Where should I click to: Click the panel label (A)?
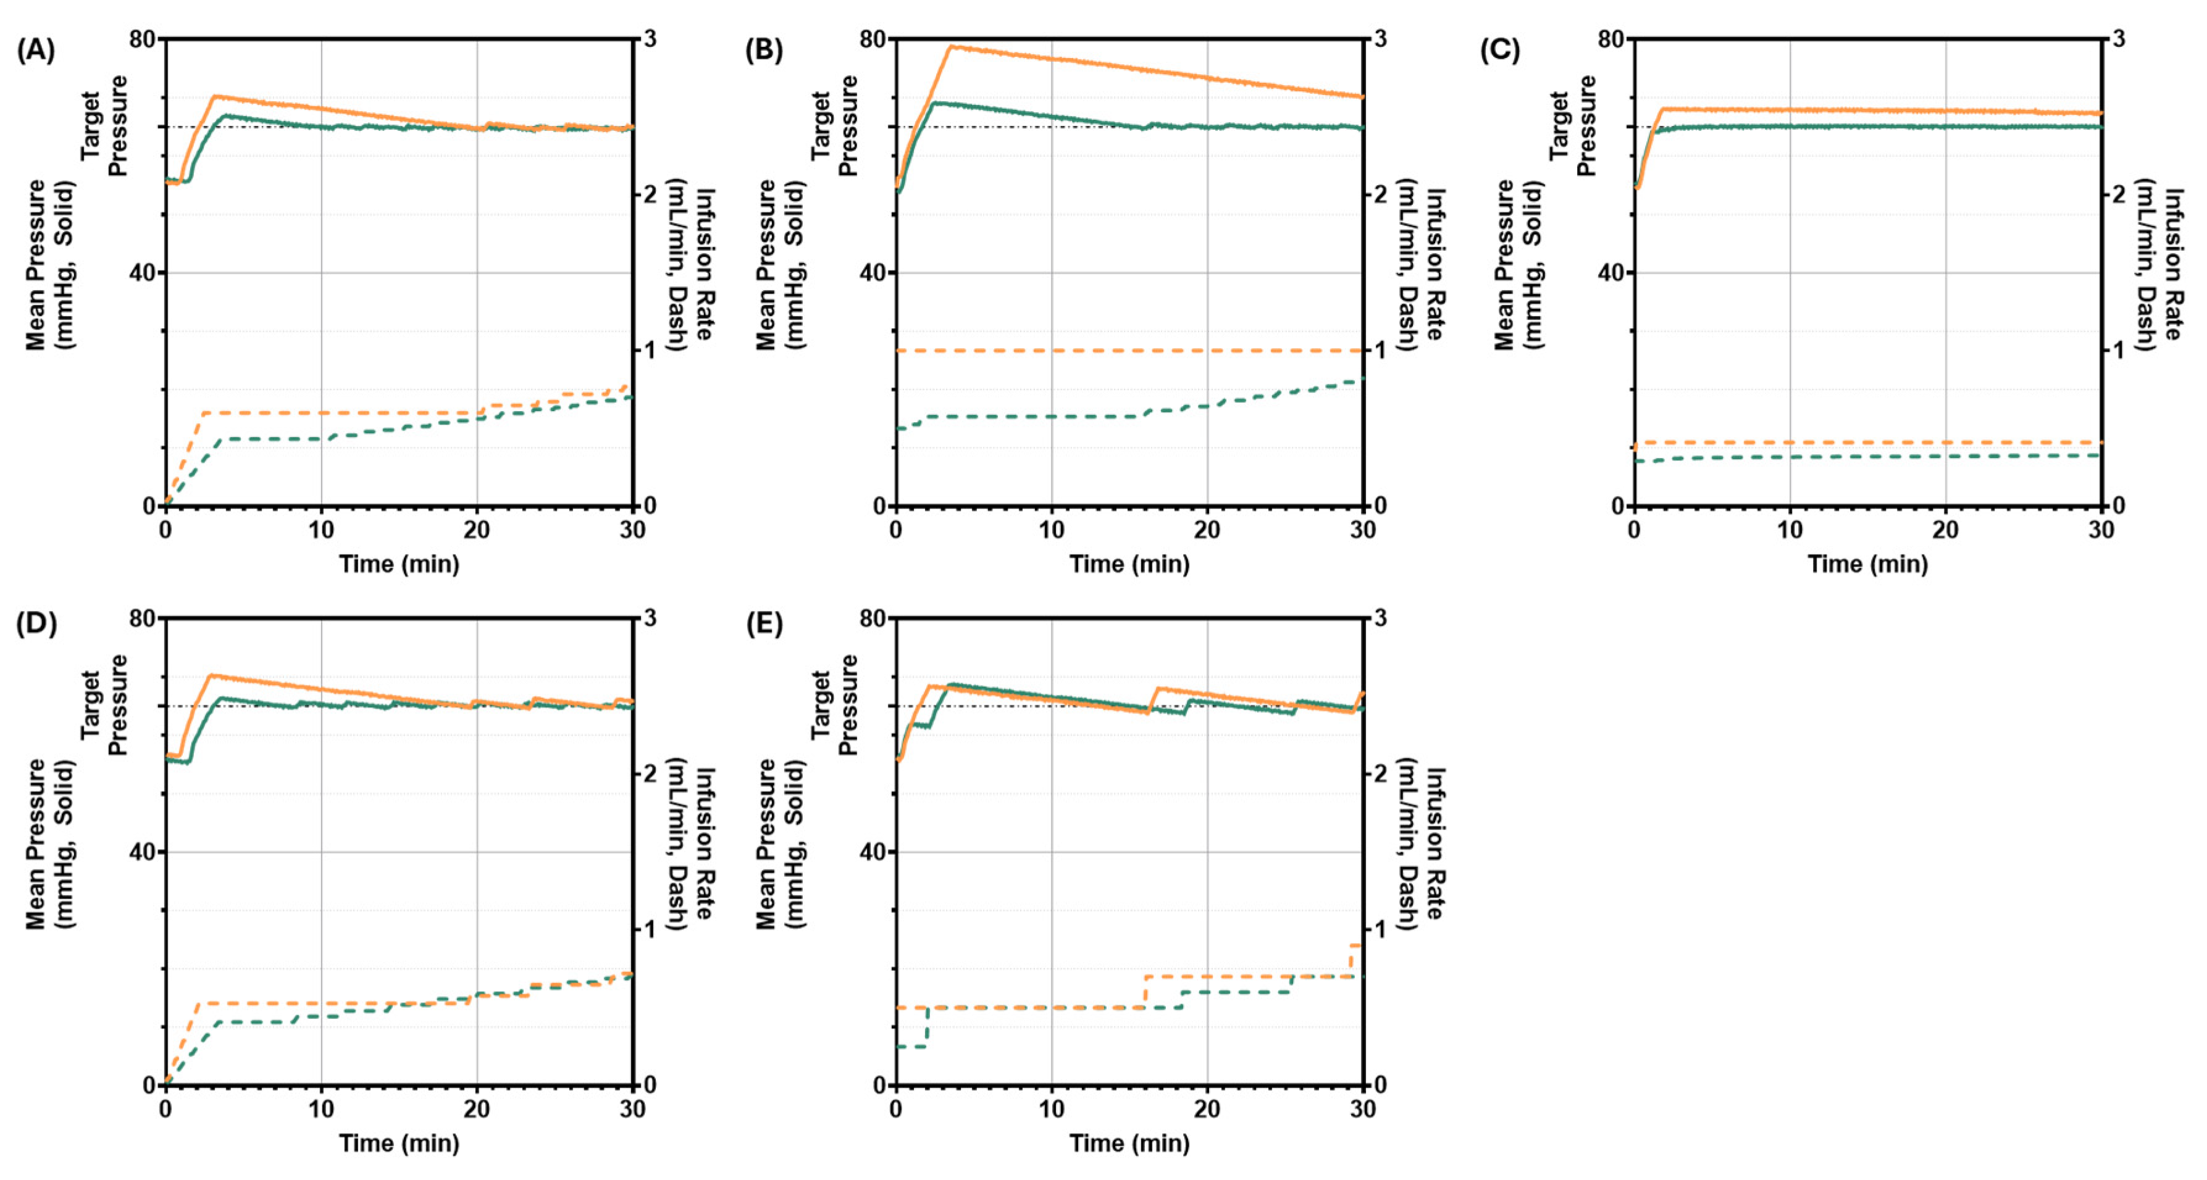click(x=35, y=51)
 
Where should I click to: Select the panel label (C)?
click(x=1499, y=51)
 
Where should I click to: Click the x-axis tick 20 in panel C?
click(x=1945, y=530)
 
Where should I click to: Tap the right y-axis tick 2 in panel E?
click(x=1380, y=774)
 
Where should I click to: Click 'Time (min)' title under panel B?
click(x=1129, y=564)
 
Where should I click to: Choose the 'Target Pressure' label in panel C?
click(x=1574, y=126)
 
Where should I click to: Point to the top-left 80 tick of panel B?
click(x=872, y=39)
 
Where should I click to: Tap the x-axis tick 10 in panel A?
click(x=321, y=530)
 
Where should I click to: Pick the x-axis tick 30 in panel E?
click(x=1362, y=1109)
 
